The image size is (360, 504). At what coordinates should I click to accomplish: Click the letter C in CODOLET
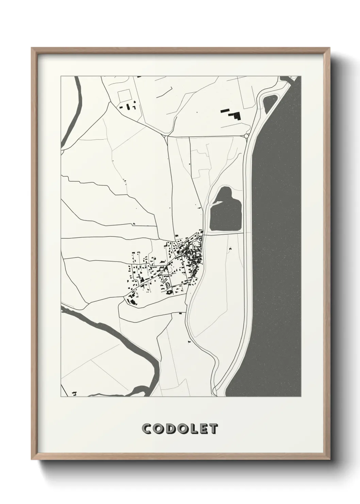tap(147, 429)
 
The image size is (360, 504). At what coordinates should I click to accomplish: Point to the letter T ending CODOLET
tap(213, 429)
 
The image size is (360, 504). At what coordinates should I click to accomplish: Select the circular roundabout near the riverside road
tap(246, 136)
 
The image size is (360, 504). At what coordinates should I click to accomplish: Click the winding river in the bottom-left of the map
tap(112, 327)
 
